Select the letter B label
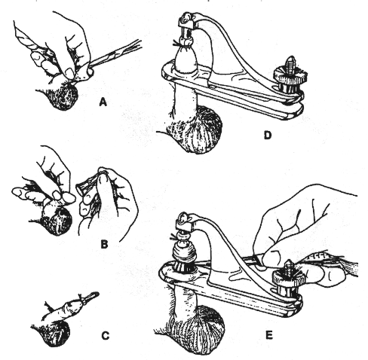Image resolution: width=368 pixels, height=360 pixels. [106, 243]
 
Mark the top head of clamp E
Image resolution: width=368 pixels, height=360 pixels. [182, 220]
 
